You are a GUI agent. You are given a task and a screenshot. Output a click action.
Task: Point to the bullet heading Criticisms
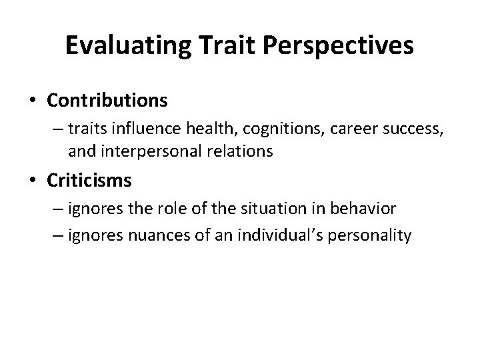pyautogui.click(x=90, y=181)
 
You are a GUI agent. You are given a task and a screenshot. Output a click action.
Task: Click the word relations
pyautogui.click(x=242, y=151)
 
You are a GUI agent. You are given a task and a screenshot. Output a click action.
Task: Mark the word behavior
pyautogui.click(x=364, y=209)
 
